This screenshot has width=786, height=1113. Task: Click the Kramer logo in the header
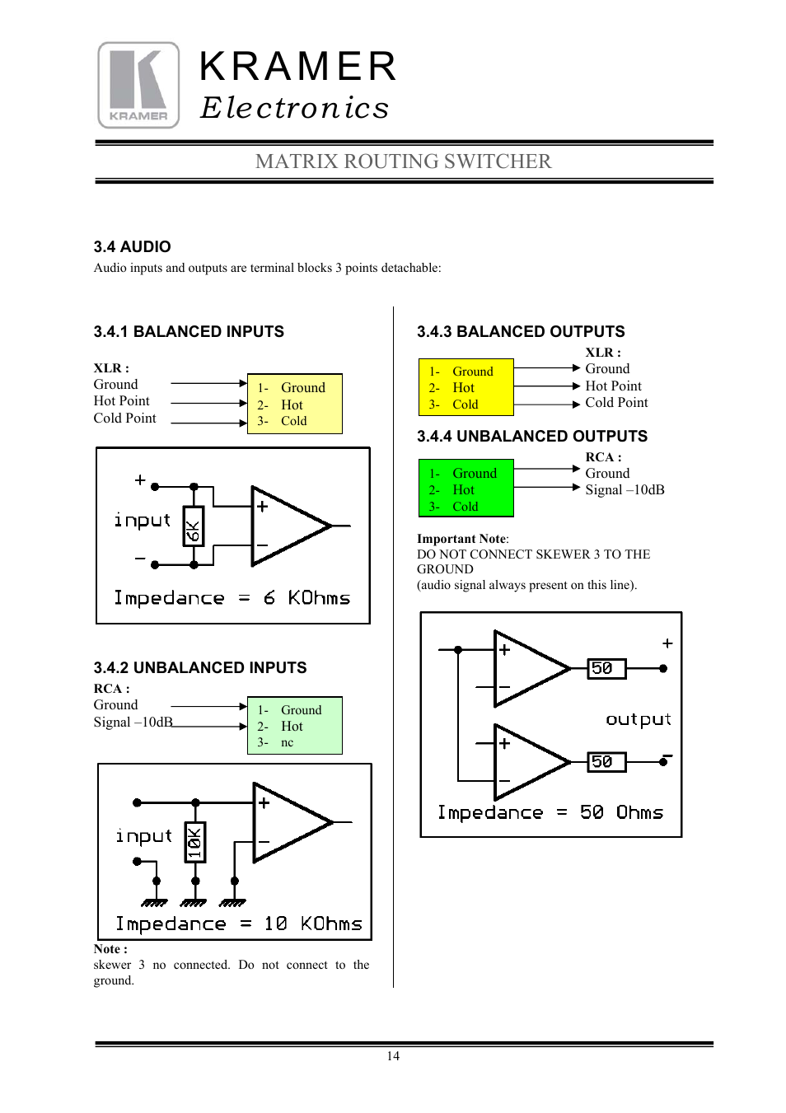click(138, 86)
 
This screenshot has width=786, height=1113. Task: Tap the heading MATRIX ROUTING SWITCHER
click(403, 161)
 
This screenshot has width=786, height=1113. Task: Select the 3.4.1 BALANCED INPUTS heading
click(189, 332)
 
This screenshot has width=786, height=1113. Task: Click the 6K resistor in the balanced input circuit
click(193, 528)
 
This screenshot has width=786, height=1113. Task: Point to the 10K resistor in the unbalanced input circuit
click(194, 842)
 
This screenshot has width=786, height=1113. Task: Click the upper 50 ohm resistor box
click(606, 668)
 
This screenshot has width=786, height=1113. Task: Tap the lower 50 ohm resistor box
click(606, 762)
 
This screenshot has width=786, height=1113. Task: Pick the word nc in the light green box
click(287, 742)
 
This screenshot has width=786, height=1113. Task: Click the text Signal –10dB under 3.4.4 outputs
click(625, 490)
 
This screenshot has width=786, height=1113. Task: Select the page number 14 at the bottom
click(393, 1056)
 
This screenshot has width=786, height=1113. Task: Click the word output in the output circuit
click(639, 719)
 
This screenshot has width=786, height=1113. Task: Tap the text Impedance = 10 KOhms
click(238, 924)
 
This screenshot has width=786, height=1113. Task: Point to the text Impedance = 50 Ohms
click(550, 813)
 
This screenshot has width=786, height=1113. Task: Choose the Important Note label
click(461, 539)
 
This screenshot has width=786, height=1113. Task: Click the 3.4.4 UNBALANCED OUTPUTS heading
click(532, 437)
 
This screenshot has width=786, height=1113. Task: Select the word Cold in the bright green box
click(466, 507)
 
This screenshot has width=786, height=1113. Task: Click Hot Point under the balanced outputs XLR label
click(613, 386)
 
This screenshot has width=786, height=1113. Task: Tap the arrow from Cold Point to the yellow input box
click(208, 423)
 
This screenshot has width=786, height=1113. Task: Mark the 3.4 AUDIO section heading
click(133, 247)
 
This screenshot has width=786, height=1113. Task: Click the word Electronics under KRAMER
click(294, 108)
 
